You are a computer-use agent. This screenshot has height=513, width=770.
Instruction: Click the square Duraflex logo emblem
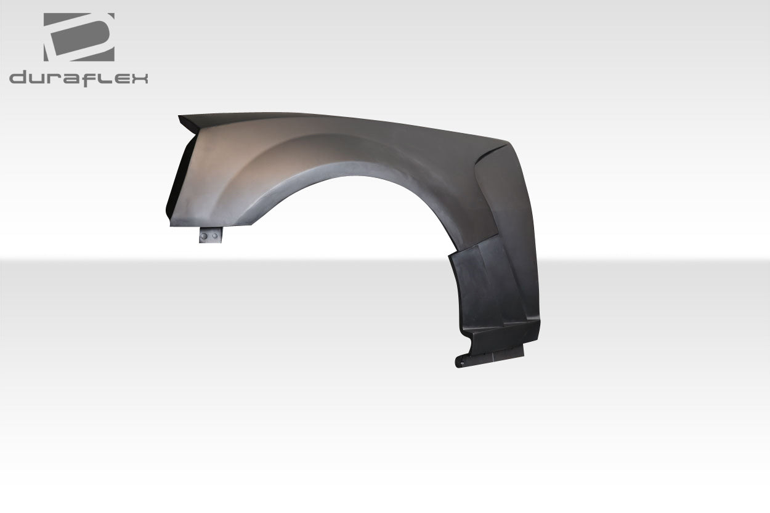(79, 37)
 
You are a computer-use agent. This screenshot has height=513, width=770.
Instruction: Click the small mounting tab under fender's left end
(209, 235)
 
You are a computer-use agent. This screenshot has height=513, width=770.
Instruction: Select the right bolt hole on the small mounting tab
(214, 235)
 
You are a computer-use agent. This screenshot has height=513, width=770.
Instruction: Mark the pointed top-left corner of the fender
(179, 116)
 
